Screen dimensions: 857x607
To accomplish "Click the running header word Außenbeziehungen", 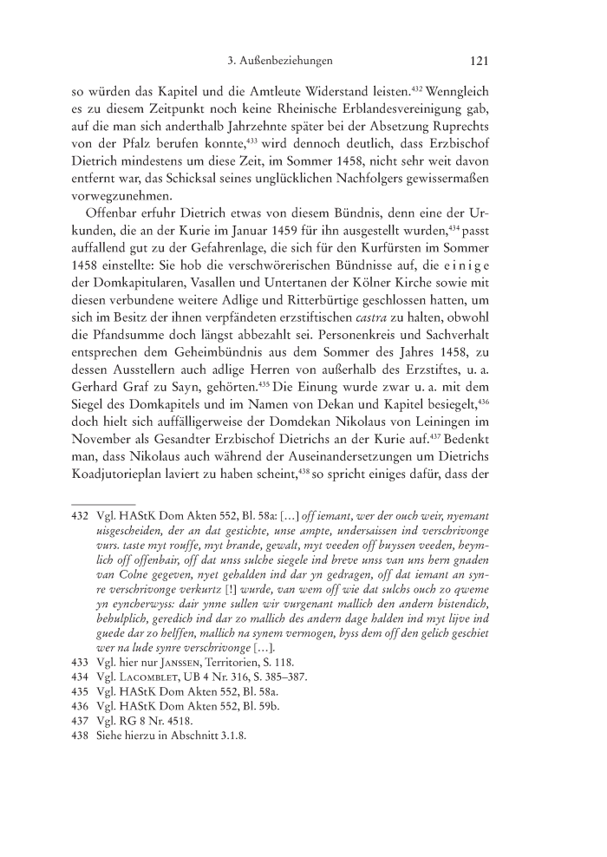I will [292, 61].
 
